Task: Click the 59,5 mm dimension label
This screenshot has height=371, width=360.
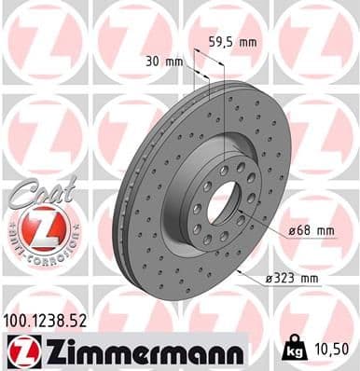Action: pyautogui.click(x=233, y=42)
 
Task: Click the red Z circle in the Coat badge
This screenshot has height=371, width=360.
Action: pyautogui.click(x=41, y=228)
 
